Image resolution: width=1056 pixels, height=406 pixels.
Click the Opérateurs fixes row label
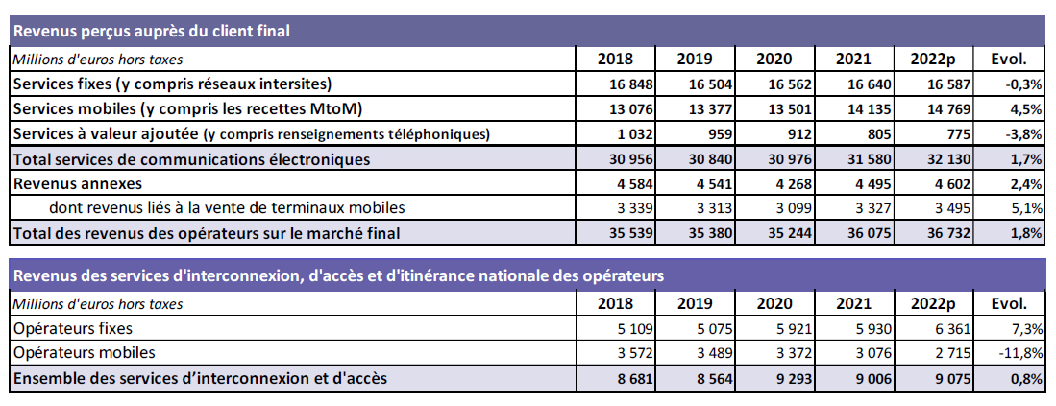(73, 329)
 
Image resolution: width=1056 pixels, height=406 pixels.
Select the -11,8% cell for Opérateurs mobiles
(1019, 353)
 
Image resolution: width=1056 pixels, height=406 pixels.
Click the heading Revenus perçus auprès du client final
(152, 32)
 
